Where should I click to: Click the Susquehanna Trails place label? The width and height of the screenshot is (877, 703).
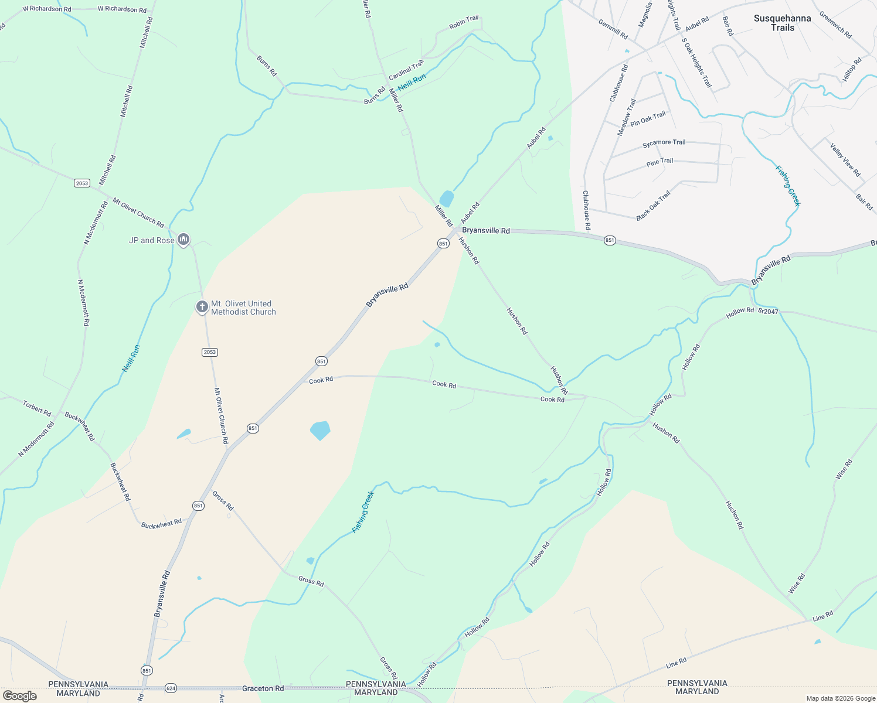coord(782,23)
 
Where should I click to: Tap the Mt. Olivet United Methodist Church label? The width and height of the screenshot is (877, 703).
coord(243,308)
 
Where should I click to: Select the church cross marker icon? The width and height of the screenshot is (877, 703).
coord(202,306)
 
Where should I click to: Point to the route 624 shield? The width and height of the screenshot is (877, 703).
coord(171,688)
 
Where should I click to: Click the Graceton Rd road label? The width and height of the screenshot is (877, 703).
coord(263,688)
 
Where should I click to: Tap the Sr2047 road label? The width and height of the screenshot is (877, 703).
coord(768,311)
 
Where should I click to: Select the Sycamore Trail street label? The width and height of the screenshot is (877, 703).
coord(664,143)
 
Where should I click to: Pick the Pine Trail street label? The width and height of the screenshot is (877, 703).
coord(660,162)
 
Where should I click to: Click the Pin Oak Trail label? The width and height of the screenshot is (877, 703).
coord(648,119)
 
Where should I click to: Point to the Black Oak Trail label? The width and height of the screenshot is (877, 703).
coord(652,206)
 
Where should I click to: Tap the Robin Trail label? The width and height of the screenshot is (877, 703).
coord(464,23)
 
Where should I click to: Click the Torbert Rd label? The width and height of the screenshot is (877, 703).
coord(37,408)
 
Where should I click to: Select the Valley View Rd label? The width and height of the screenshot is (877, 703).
coord(845,160)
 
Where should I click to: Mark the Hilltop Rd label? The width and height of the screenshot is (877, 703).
coord(852,69)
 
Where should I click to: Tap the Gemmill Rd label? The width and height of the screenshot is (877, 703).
coord(613,29)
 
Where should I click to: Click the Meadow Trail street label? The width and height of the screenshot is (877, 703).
coord(626,117)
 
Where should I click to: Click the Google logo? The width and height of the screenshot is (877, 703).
coord(19,696)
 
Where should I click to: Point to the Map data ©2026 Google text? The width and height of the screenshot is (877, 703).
coord(840,698)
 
